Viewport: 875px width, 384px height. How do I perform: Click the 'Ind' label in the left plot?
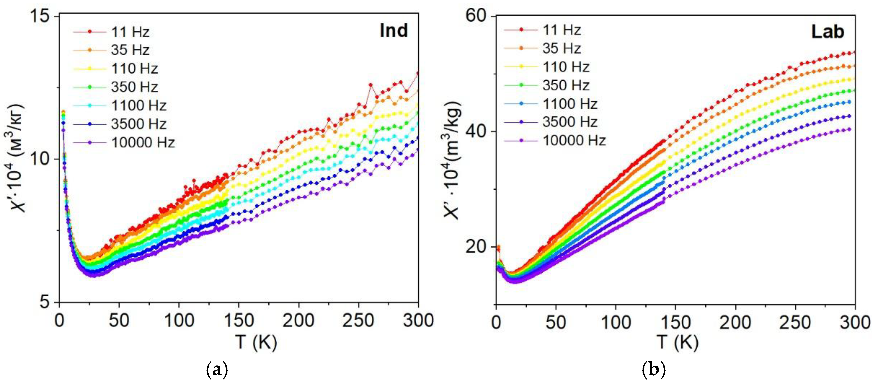tap(393, 31)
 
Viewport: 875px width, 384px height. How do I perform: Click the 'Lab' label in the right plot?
tap(827, 32)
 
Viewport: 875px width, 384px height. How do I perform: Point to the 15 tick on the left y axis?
tap(40, 16)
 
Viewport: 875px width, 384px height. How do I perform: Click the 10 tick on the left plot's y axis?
tap(40, 159)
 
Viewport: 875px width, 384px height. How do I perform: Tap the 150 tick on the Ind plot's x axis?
tap(239, 321)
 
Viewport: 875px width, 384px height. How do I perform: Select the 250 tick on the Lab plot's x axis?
tap(795, 322)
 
